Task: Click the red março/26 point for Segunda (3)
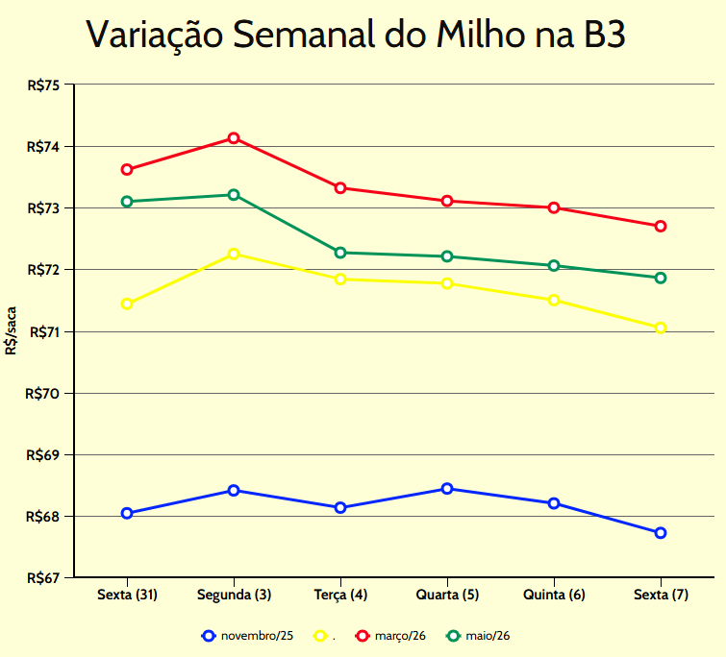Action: [234, 138]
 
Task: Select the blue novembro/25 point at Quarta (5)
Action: [447, 489]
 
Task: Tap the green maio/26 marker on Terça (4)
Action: [340, 253]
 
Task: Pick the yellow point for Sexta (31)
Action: [127, 304]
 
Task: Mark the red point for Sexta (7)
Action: [661, 226]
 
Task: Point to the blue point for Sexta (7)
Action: [661, 533]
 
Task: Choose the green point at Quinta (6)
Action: [554, 265]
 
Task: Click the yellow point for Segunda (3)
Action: [234, 254]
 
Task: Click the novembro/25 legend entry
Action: [248, 636]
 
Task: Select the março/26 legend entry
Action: [392, 636]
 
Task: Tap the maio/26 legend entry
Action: [478, 636]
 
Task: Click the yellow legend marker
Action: [320, 636]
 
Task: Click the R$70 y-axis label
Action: [44, 393]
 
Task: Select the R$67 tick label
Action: [44, 578]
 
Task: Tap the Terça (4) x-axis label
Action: [340, 596]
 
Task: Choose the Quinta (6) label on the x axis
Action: [554, 596]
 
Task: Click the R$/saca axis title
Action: [11, 331]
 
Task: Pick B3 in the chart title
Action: [604, 36]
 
